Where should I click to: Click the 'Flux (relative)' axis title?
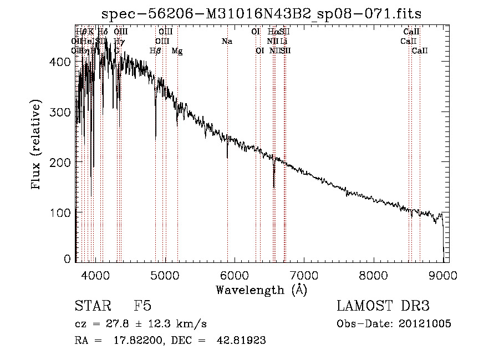pyautogui.click(x=37, y=146)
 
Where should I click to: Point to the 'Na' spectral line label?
pyautogui.click(x=227, y=41)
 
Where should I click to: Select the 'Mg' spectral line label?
pyautogui.click(x=177, y=51)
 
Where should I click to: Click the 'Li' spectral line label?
pyautogui.click(x=283, y=41)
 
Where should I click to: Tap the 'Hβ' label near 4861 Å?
pyautogui.click(x=155, y=51)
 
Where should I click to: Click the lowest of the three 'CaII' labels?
pyautogui.click(x=420, y=51)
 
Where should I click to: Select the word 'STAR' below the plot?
pyautogui.click(x=92, y=306)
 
